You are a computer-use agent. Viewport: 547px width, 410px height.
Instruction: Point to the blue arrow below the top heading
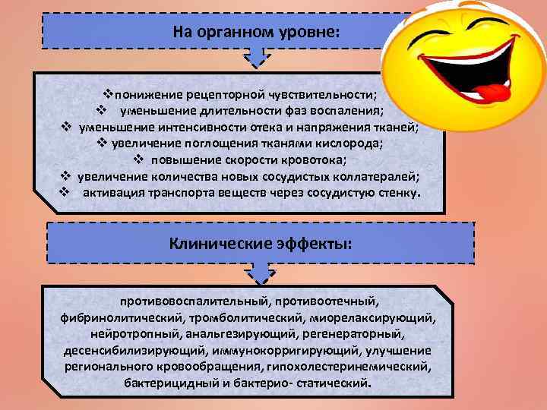pos(254,59)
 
